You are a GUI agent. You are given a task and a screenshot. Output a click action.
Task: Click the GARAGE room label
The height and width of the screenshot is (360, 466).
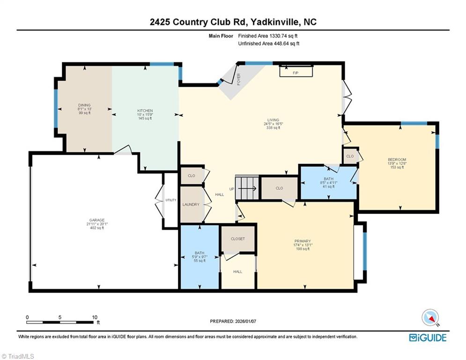(x=96, y=220)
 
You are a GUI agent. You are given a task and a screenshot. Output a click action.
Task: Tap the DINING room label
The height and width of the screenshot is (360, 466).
(x=84, y=105)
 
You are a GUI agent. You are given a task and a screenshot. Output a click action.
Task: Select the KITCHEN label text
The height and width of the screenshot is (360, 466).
(x=145, y=111)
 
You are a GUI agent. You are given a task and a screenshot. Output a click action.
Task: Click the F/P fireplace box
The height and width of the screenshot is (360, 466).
(x=296, y=73)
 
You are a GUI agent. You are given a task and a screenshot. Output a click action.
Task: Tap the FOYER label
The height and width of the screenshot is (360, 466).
(x=238, y=78)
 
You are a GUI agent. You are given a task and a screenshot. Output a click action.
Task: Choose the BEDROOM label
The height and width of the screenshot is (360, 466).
(x=397, y=159)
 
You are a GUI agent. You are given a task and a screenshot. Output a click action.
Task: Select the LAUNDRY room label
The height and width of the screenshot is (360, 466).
(x=191, y=204)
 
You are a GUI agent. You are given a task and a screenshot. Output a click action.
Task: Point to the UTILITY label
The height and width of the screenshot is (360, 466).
(x=170, y=200)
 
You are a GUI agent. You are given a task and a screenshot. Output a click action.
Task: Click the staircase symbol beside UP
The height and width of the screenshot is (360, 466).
(x=247, y=188)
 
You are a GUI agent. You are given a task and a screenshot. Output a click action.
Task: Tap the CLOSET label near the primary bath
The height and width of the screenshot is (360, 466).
(x=237, y=239)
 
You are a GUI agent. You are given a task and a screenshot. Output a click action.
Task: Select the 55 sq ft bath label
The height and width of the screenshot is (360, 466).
(x=199, y=254)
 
